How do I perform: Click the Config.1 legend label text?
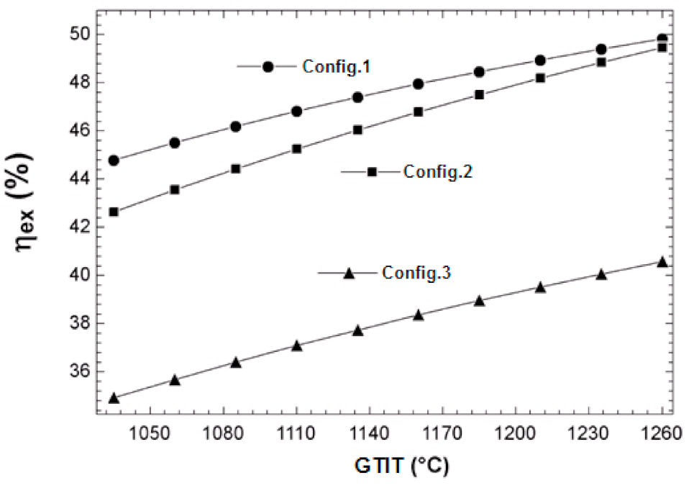tap(336, 67)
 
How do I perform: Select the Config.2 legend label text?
tap(438, 172)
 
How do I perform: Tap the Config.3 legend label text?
tap(416, 274)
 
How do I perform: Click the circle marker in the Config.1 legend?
tap(268, 66)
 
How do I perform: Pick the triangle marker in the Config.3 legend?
tap(349, 273)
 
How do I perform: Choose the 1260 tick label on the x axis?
tap(662, 434)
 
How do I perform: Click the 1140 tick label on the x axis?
tap(370, 434)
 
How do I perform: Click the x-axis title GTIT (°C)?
tap(401, 466)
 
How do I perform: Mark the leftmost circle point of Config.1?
tap(114, 160)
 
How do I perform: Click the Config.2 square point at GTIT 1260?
tap(662, 48)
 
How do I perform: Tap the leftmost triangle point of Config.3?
tap(114, 397)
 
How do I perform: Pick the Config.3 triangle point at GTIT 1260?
tap(662, 262)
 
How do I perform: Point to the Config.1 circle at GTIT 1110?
tap(296, 111)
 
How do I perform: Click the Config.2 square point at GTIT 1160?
tap(419, 112)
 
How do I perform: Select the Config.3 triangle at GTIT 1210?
tap(540, 287)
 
